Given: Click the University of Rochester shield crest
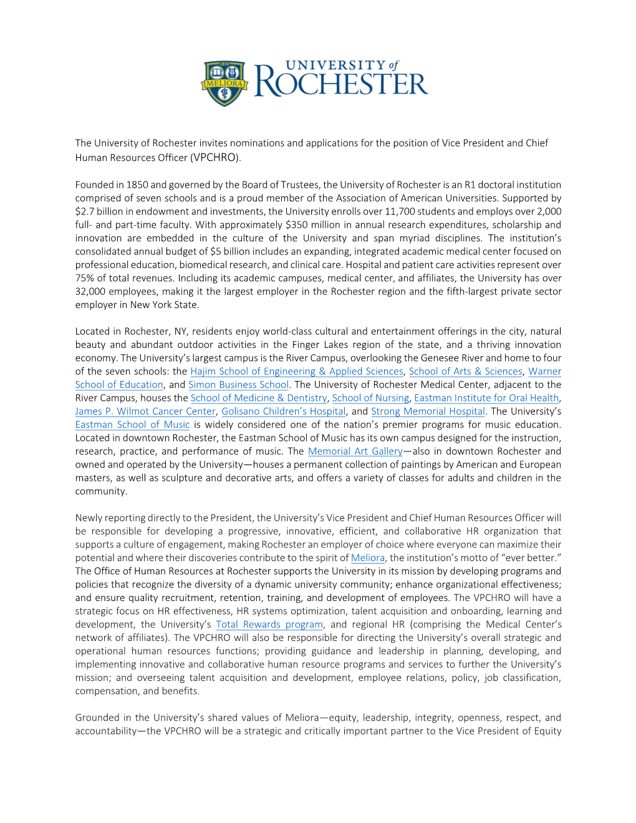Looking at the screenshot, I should point(224,83).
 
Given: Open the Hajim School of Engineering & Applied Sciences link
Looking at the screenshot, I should point(297,372).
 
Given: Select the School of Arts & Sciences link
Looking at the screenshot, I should point(465,372).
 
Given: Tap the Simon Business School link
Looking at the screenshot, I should point(238,385).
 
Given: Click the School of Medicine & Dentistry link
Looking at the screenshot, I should point(259,398).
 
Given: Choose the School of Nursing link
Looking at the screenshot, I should point(370,398).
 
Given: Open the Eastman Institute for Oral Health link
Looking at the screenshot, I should point(486,398).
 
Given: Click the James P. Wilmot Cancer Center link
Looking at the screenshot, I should point(145,412).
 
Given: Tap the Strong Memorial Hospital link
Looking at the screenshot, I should point(428,412).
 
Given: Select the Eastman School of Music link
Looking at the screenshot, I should point(132,425).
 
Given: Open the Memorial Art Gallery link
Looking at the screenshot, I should point(355,451).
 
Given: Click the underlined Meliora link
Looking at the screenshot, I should point(368,558).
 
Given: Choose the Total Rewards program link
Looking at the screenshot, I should point(269,625).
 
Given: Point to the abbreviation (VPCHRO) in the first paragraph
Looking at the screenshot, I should point(215,158).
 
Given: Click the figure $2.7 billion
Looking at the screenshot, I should point(100,211).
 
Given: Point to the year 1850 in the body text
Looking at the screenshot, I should point(137,185).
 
